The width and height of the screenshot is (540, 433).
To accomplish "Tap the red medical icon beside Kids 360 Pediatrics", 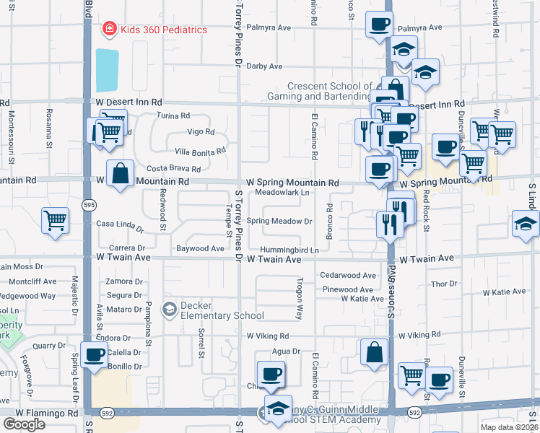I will click(x=108, y=30).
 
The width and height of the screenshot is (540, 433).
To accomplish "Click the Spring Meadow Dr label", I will click(x=279, y=222).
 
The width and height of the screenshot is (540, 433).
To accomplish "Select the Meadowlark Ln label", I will click(x=282, y=193).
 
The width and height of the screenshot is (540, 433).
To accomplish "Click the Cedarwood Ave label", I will click(x=349, y=276).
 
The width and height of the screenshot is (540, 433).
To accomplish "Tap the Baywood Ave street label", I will click(x=201, y=249).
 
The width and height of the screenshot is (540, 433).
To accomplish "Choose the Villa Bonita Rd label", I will click(x=201, y=151).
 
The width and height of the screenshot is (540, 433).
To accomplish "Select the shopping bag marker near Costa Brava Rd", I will click(x=120, y=174).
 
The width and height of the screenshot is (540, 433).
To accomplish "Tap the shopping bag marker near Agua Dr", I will click(x=374, y=353).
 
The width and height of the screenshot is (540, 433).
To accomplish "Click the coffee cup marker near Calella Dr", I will click(x=94, y=355).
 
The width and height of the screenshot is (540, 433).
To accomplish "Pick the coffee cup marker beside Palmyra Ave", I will click(x=379, y=25).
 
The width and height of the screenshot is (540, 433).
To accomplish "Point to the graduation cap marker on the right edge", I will click(x=525, y=224).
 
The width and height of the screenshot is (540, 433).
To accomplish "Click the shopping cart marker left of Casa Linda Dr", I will click(x=55, y=221).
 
